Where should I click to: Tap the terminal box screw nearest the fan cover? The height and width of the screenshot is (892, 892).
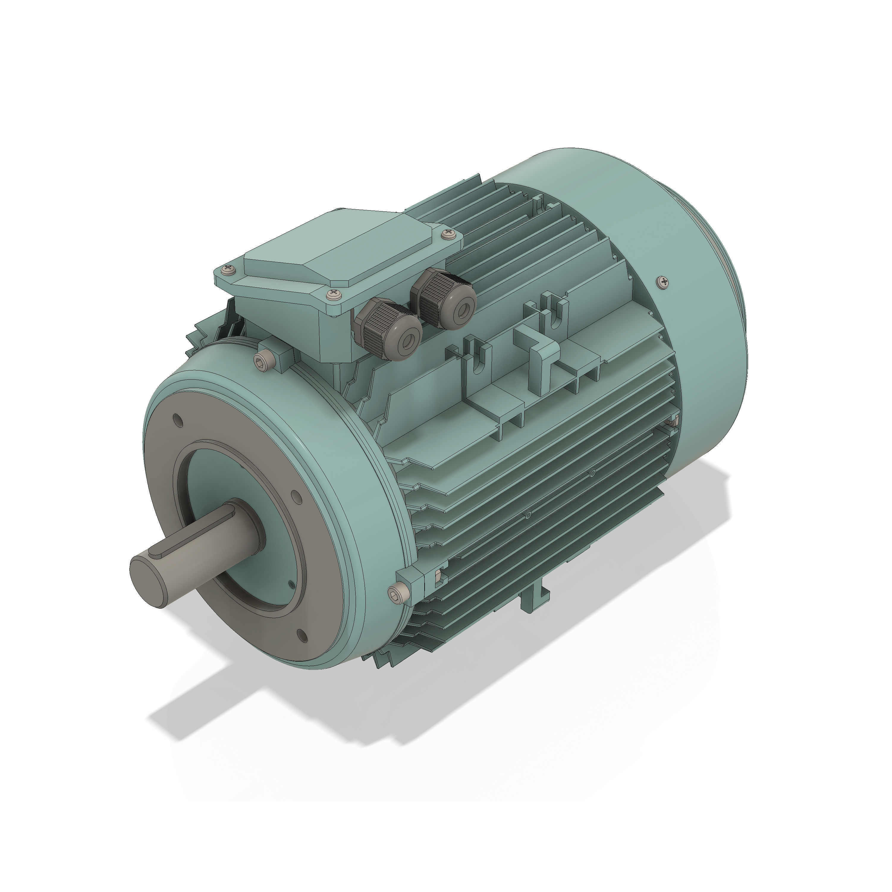tap(447, 235)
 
